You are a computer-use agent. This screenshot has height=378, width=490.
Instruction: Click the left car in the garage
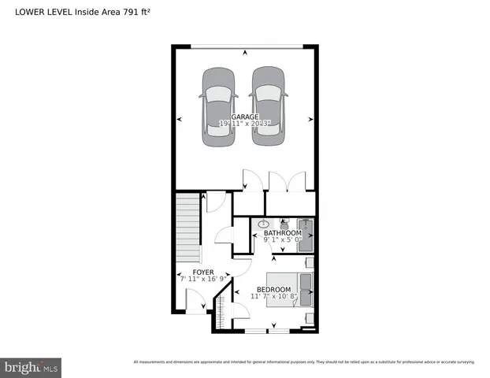coord(218,106)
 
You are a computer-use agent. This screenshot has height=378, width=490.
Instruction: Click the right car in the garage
coord(269,106)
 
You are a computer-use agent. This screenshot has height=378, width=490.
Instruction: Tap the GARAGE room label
coord(245,117)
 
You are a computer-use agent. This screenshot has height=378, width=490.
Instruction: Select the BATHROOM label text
coord(282,233)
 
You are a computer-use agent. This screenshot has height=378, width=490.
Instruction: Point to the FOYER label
coord(203,272)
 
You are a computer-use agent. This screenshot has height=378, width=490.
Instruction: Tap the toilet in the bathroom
coord(284,224)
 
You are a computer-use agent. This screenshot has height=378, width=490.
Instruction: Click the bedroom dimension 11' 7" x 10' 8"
coord(271,297)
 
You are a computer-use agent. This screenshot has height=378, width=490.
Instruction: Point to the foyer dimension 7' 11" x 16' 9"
coord(203,279)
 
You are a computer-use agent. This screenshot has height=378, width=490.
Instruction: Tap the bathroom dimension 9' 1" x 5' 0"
coord(282,240)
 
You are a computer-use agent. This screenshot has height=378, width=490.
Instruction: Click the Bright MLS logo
coord(31,367)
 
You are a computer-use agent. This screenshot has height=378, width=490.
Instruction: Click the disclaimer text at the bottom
coord(303,362)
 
